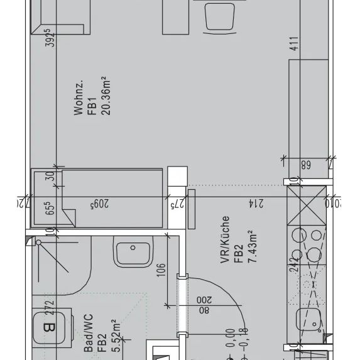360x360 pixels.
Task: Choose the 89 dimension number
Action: (x=306, y=166)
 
